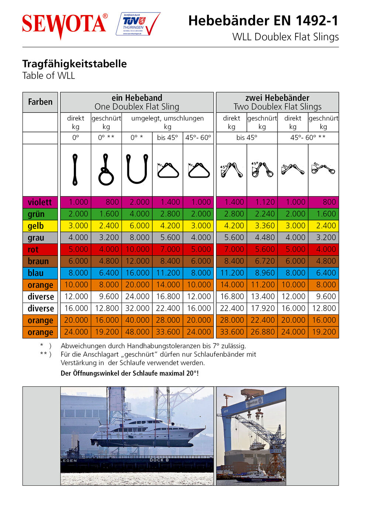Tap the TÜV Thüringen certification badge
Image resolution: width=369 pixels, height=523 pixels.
tap(138, 24)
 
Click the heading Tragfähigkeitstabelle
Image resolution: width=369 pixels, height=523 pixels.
tap(75, 64)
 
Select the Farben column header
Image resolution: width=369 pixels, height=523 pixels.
tap(40, 102)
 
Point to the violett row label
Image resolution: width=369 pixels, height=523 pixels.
tap(40, 202)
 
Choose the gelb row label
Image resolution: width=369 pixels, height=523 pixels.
tap(36, 226)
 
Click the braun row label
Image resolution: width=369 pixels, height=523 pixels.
tap(38, 261)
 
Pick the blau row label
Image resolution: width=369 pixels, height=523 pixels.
tap(36, 273)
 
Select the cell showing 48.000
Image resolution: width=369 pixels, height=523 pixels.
tap(137, 332)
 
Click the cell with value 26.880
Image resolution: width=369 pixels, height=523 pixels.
tap(262, 332)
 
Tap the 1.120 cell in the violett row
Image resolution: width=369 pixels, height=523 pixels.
tap(262, 202)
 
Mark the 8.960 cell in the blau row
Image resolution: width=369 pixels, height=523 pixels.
tap(262, 273)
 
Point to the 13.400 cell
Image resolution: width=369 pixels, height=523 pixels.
tap(262, 296)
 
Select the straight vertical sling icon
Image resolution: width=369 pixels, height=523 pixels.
tap(75, 170)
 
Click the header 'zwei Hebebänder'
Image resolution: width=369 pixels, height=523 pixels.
tap(277, 98)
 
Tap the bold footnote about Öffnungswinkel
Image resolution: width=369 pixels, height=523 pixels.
tap(130, 373)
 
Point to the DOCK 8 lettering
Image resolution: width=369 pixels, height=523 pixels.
tap(159, 460)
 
